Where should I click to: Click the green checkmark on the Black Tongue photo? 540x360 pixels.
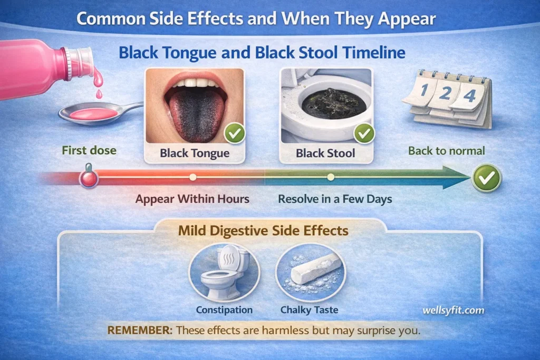(x=235, y=133)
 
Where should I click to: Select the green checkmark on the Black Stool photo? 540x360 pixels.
(x=364, y=133)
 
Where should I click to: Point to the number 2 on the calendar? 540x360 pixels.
(x=446, y=93)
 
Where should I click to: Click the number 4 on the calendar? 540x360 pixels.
(x=469, y=95)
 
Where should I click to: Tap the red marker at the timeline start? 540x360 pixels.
(x=89, y=177)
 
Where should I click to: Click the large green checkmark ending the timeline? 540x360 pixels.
(x=486, y=178)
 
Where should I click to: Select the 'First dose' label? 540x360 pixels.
(x=89, y=150)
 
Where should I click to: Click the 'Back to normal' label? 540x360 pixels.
(x=446, y=151)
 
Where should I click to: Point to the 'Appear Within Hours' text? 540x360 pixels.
(x=192, y=199)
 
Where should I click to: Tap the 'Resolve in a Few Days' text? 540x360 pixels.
(x=335, y=199)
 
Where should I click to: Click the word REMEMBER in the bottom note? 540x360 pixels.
(x=140, y=330)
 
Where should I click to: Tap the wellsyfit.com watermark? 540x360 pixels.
(x=453, y=310)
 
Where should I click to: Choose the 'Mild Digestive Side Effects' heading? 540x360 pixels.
(x=264, y=230)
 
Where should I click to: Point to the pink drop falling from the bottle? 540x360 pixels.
(x=99, y=94)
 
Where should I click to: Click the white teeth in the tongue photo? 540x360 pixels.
(x=195, y=83)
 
